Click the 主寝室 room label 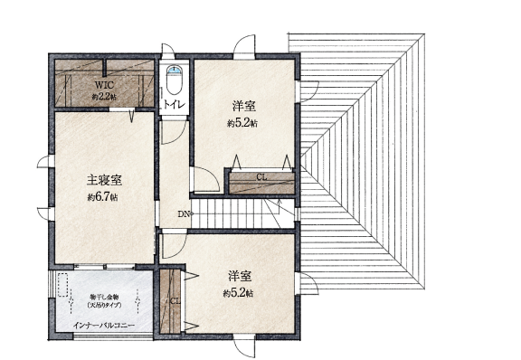click(x=104, y=180)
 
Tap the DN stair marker click(x=184, y=214)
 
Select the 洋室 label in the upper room click(x=242, y=106)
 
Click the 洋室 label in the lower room click(x=240, y=276)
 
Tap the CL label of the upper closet click(x=260, y=176)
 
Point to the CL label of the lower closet click(x=175, y=301)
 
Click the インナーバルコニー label click(x=104, y=325)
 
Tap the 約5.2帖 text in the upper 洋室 click(x=242, y=123)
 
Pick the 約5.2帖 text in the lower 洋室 click(x=238, y=293)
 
